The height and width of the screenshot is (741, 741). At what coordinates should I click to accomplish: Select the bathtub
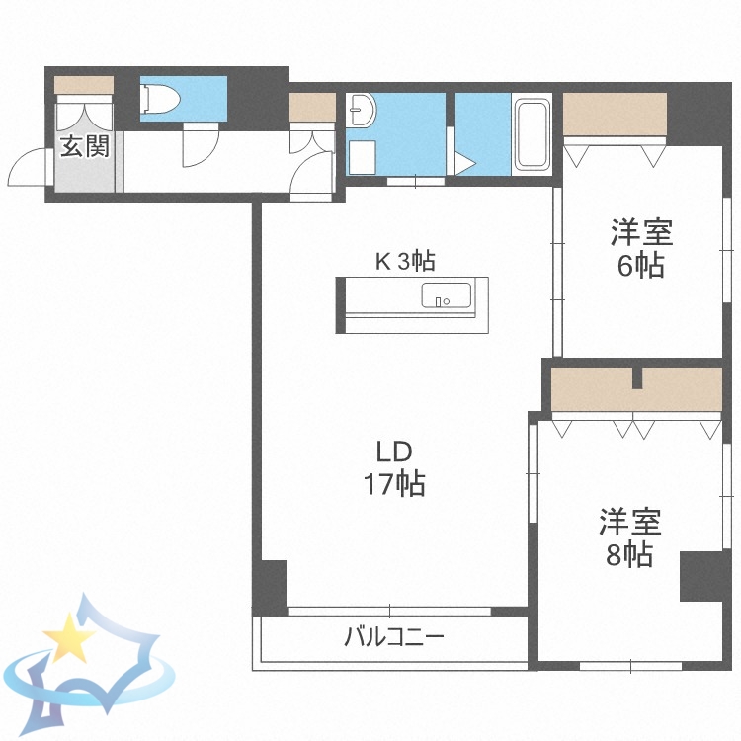coord(533,134)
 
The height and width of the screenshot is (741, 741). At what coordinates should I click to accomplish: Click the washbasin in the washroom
coord(362,109)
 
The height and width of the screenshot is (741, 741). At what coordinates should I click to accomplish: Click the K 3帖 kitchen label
coord(404,262)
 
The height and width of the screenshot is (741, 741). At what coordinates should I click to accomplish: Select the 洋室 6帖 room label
coord(641,249)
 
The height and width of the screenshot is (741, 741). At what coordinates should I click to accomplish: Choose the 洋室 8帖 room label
coord(629,537)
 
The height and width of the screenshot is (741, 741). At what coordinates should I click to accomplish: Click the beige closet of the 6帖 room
coord(615,114)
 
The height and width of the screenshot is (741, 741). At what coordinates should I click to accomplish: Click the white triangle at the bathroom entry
coord(464,162)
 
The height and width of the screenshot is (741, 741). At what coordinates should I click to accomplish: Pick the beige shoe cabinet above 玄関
coord(84,84)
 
